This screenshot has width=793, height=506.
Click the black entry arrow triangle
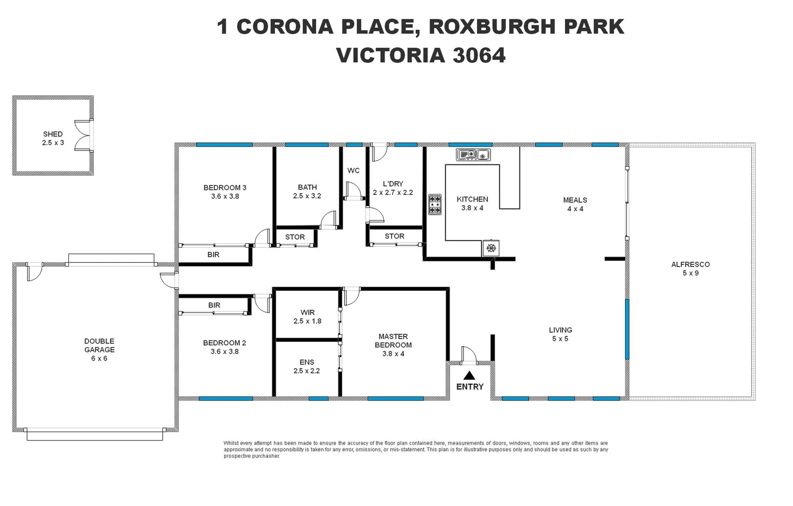click(x=469, y=375)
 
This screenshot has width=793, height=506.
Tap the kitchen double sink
click(x=473, y=154)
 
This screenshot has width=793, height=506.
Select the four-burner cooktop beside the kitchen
click(x=435, y=205)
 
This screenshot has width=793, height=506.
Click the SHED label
click(x=53, y=134)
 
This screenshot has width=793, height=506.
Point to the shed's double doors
click(x=83, y=135)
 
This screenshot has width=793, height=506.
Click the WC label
click(x=353, y=170)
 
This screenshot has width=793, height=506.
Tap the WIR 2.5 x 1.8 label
click(x=307, y=317)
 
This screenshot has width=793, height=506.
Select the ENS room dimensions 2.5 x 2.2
click(x=307, y=371)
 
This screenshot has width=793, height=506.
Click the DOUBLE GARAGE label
click(x=99, y=345)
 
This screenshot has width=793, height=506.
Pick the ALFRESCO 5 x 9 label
click(x=690, y=268)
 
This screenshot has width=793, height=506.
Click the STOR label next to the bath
click(x=295, y=237)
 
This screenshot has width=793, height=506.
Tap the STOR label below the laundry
click(x=394, y=236)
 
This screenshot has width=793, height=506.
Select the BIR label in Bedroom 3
click(x=213, y=254)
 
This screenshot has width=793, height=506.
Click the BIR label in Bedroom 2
click(x=214, y=305)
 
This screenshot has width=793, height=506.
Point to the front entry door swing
click(x=468, y=354)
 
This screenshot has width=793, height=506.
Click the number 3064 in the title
click(x=479, y=55)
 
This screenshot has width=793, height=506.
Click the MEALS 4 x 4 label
click(x=575, y=204)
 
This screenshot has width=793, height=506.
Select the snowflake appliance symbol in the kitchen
click(x=491, y=248)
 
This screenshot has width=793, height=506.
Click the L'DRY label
click(x=393, y=184)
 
